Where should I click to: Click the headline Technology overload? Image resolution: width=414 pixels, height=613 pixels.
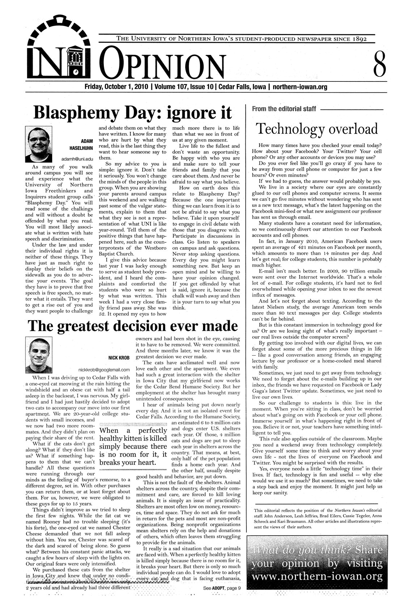[317, 129]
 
